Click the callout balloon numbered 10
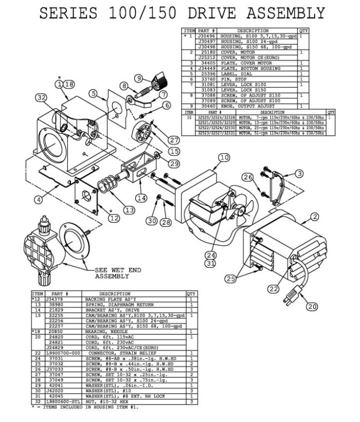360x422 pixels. pyautogui.click(x=224, y=158)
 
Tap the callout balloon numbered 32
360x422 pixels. pyautogui.click(x=42, y=97)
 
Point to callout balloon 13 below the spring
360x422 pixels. pyautogui.click(x=128, y=210)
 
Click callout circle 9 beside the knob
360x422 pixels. pyautogui.click(x=139, y=78)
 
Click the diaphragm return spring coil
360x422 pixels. pyautogui.click(x=108, y=185)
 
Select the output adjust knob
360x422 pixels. pyautogui.click(x=156, y=81)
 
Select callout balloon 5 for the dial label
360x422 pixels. pyautogui.click(x=93, y=94)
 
